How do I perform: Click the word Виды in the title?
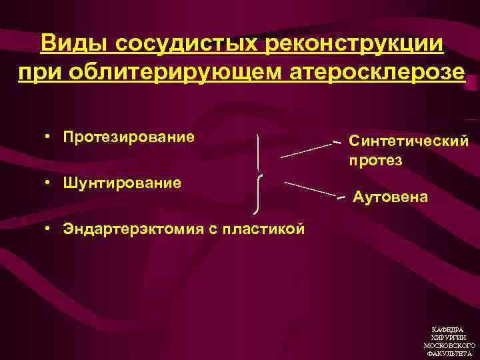[74, 44]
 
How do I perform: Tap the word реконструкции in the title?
[355, 44]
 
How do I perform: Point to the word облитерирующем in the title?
[172, 71]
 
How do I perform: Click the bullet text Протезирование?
[129, 137]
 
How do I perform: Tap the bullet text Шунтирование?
[122, 183]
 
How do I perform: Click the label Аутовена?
[391, 197]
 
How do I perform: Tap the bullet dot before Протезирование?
[49, 137]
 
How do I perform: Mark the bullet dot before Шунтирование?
[49, 183]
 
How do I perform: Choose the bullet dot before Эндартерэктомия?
[49, 229]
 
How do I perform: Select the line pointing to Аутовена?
[310, 188]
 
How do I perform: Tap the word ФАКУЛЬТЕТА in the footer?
[449, 353]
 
